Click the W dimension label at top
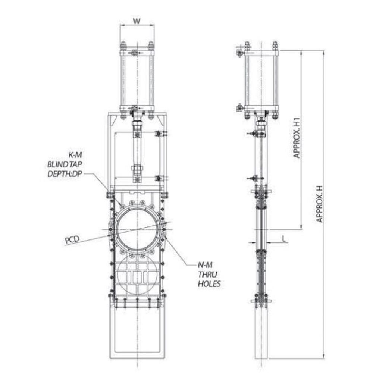(x=137, y=21)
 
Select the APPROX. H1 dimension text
(x=297, y=138)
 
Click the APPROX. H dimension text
(x=319, y=203)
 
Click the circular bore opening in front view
(x=137, y=228)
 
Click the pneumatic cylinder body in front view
(x=137, y=80)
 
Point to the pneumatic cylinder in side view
(x=261, y=80)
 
